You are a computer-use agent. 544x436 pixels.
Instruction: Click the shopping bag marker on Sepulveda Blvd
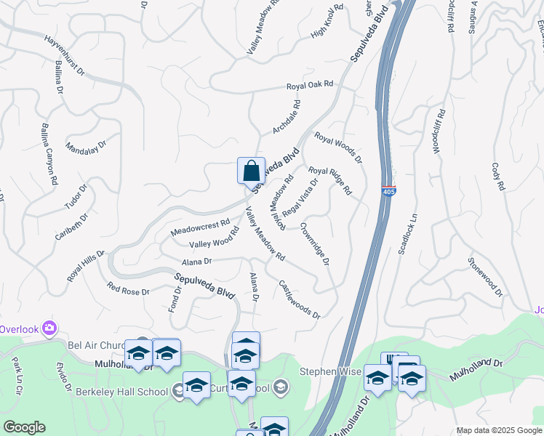(251, 171)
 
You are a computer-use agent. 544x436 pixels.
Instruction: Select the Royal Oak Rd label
(309, 86)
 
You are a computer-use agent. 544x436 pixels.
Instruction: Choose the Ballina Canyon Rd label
(49, 154)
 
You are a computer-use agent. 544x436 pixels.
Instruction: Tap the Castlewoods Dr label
(300, 299)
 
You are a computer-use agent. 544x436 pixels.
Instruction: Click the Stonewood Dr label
(485, 277)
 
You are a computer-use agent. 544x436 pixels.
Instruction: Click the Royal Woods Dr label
(338, 147)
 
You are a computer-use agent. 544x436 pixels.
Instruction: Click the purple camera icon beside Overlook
(49, 327)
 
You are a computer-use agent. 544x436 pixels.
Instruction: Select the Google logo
(24, 427)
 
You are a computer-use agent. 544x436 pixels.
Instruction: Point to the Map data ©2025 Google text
(498, 430)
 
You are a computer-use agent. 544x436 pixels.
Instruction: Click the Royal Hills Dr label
(86, 266)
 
